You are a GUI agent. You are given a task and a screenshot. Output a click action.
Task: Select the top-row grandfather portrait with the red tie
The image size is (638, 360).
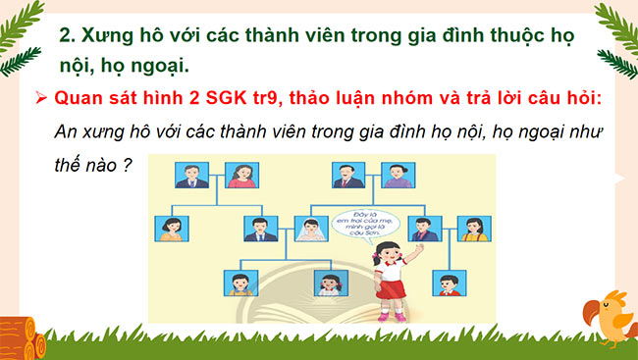point(345,176)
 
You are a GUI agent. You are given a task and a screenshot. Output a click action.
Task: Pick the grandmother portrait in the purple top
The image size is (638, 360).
point(395,176)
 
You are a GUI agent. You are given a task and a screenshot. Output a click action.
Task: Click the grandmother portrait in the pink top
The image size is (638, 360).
point(241,176)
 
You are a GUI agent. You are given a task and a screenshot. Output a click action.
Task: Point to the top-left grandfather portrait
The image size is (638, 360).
point(189,176)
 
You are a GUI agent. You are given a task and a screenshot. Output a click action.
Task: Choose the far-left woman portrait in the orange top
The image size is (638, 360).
point(166,230)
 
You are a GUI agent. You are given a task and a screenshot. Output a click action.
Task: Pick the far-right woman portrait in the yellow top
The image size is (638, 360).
point(475,229)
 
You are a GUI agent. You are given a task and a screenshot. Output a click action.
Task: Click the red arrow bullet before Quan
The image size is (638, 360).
point(40,99)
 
